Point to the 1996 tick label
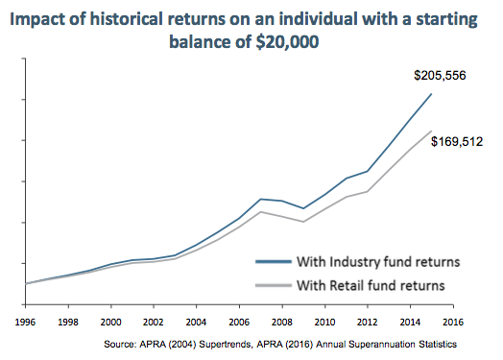[x=25, y=321]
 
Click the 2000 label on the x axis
[x=110, y=321]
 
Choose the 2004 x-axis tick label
[x=196, y=321]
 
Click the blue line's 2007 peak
[x=260, y=199]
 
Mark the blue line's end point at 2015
[x=431, y=94]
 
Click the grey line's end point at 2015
[x=431, y=131]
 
